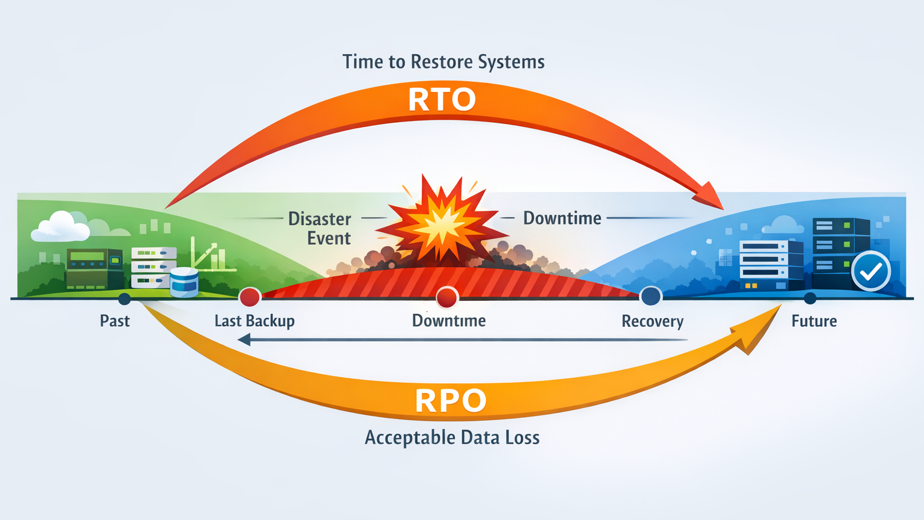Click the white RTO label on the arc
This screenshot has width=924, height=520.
click(x=442, y=100)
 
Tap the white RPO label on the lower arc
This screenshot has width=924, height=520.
click(x=451, y=401)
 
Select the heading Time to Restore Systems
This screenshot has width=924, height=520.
click(x=443, y=62)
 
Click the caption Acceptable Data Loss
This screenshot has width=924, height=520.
click(x=452, y=438)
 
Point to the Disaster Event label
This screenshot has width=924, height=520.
click(x=320, y=228)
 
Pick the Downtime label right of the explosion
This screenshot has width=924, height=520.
click(x=562, y=218)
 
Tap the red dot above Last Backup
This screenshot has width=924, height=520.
click(x=250, y=297)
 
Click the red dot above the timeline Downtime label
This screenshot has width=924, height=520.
click(x=446, y=297)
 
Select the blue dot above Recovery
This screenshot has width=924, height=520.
click(x=650, y=296)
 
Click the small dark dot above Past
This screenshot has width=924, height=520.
click(x=125, y=299)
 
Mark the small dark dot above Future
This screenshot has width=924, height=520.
click(x=810, y=298)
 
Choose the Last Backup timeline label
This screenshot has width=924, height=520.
click(x=254, y=321)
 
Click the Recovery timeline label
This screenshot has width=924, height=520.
click(x=652, y=321)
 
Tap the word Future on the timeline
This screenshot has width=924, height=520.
click(x=814, y=321)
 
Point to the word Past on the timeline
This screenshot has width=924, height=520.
click(x=115, y=321)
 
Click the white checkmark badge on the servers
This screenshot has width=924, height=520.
click(x=870, y=271)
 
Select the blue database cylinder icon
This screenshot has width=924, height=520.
click(x=184, y=282)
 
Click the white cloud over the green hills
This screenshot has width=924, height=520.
click(x=60, y=227)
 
